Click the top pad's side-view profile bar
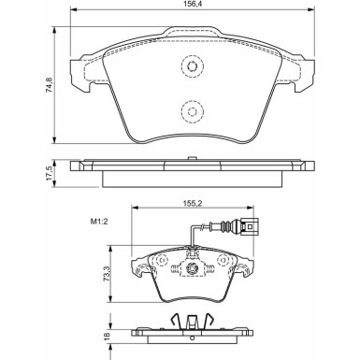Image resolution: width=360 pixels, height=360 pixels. tap(191, 166)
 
